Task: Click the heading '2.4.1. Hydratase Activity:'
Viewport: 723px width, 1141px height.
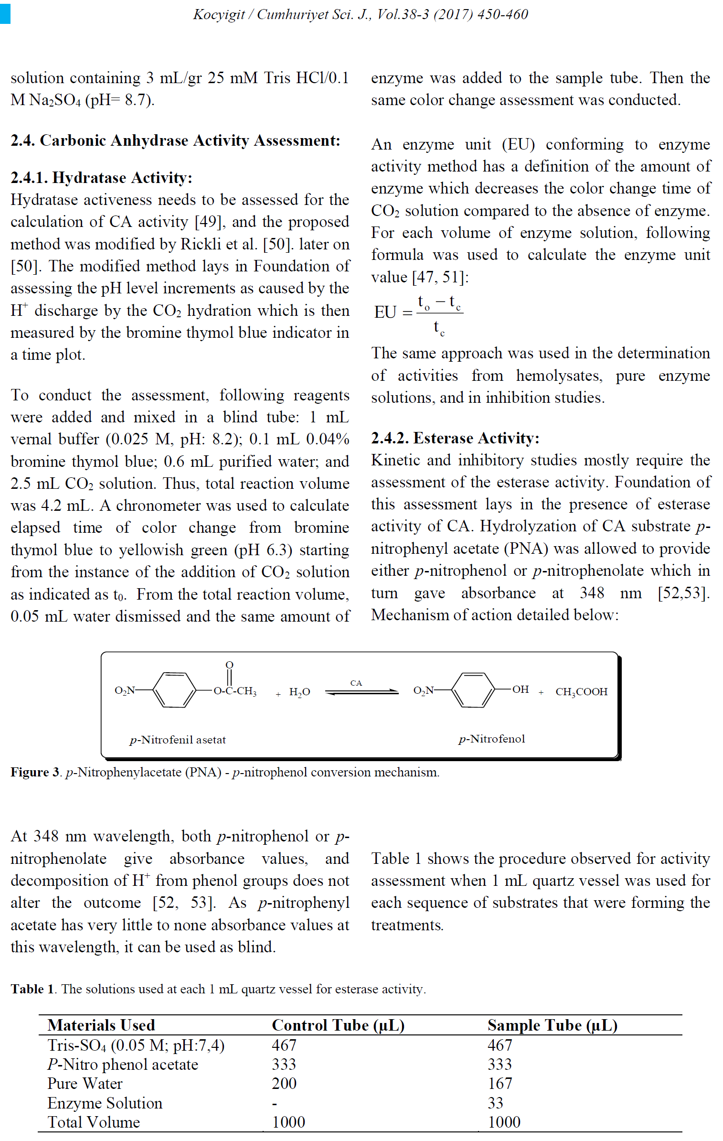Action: click(x=101, y=178)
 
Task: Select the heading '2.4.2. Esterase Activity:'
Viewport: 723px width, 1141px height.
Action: click(x=455, y=438)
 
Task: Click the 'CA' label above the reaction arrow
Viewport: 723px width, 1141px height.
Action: click(x=356, y=683)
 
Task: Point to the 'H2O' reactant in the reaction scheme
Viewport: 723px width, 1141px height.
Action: click(x=299, y=692)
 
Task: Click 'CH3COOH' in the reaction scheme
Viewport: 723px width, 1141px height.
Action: click(x=581, y=692)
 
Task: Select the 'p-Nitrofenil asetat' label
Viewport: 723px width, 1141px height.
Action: click(x=177, y=740)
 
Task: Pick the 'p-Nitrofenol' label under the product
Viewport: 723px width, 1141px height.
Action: click(x=491, y=739)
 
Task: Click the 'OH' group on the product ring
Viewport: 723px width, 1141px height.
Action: click(x=521, y=689)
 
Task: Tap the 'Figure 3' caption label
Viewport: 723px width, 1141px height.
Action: click(x=35, y=772)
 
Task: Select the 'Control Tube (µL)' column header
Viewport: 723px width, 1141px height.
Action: click(x=338, y=1025)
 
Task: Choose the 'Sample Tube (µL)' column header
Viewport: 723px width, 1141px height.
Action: click(x=552, y=1025)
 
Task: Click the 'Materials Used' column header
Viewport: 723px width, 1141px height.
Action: click(x=101, y=1025)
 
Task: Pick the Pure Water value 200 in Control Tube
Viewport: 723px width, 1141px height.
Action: click(x=284, y=1083)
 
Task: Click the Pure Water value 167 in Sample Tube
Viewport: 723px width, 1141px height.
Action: click(x=500, y=1083)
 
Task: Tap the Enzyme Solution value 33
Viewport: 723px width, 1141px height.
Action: click(x=495, y=1103)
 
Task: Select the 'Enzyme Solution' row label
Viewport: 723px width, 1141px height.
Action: click(x=105, y=1103)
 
